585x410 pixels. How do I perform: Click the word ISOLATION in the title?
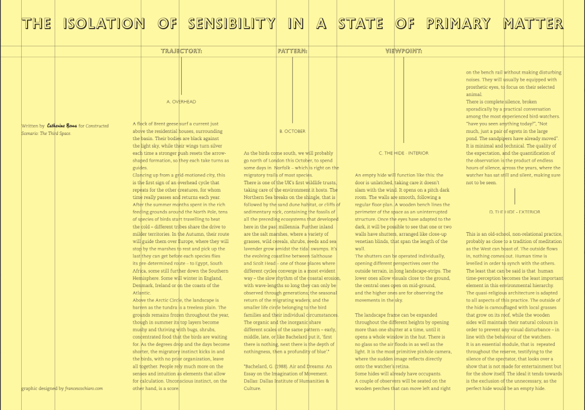[104, 23]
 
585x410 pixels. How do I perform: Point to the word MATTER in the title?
[532, 23]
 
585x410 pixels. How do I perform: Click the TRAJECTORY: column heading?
[181, 51]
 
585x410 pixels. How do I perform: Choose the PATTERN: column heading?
[292, 51]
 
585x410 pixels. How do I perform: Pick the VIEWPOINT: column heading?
[403, 51]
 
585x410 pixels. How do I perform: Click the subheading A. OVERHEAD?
[181, 102]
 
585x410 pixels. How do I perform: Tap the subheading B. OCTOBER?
[292, 131]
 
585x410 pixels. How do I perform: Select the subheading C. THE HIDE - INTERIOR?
[403, 153]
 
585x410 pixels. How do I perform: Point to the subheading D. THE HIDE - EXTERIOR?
[515, 212]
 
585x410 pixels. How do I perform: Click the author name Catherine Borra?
[62, 126]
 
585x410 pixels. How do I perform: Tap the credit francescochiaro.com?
[84, 388]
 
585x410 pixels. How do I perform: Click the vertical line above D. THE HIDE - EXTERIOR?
[515, 196]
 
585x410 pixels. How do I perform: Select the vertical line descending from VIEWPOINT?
[403, 97]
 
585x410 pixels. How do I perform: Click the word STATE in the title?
[360, 23]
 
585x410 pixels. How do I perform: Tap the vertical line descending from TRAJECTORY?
[181, 74]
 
